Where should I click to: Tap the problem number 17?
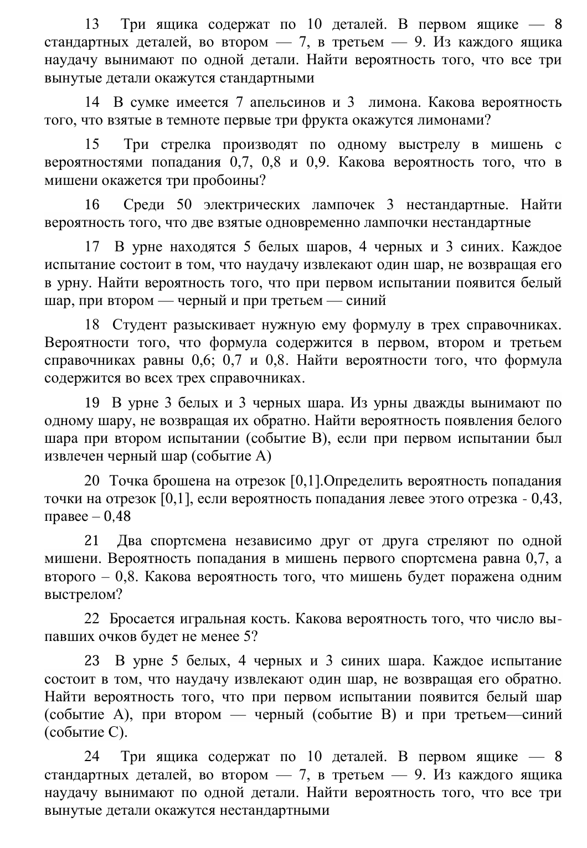click(x=91, y=247)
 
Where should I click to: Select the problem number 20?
click(x=91, y=480)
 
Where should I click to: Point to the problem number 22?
click(x=91, y=618)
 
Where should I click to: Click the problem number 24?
click(x=91, y=757)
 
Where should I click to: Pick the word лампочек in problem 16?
click(x=343, y=205)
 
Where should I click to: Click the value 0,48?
click(x=117, y=516)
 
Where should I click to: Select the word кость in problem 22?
click(x=266, y=618)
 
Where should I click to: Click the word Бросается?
click(x=143, y=618)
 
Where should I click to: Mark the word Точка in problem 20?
click(x=129, y=480)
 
